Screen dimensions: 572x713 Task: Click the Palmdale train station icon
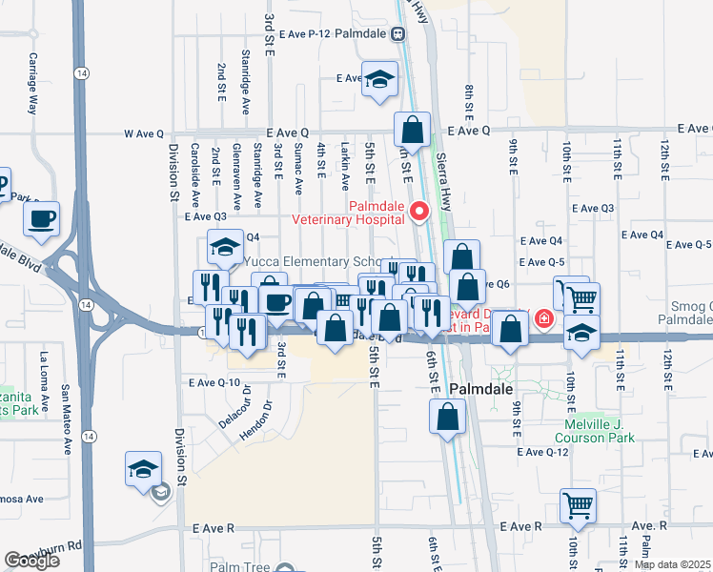398,33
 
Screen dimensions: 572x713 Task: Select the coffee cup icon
42,219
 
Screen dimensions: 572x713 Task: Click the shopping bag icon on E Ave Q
413,129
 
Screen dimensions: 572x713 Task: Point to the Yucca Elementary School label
318,261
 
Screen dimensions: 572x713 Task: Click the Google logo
31,561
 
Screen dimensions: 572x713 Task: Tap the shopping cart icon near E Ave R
579,504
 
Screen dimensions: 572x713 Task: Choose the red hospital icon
544,318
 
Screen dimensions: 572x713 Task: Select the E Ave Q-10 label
214,382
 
